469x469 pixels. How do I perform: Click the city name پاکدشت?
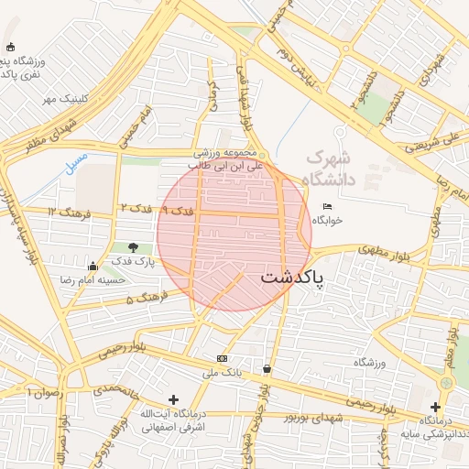click(x=292, y=278)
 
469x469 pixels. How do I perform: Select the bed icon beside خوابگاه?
click(x=327, y=205)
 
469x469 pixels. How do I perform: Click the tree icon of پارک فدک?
click(x=135, y=247)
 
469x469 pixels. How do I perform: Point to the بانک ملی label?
click(x=222, y=374)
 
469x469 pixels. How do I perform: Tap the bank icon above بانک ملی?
click(x=222, y=358)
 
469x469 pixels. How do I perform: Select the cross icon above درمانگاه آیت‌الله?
click(x=173, y=399)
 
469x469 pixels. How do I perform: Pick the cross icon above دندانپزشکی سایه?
click(x=435, y=407)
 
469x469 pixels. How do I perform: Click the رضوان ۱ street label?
click(x=42, y=392)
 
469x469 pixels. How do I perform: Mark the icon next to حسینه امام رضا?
click(x=91, y=266)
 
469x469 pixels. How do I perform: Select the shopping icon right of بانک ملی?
click(x=267, y=369)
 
